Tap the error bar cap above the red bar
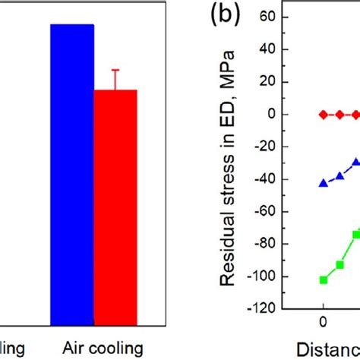pyautogui.click(x=115, y=70)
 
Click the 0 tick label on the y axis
pyautogui.click(x=271, y=115)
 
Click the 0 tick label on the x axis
pyautogui.click(x=323, y=324)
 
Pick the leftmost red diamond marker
pyautogui.click(x=324, y=115)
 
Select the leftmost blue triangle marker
pyautogui.click(x=324, y=183)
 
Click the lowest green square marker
pyautogui.click(x=324, y=280)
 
